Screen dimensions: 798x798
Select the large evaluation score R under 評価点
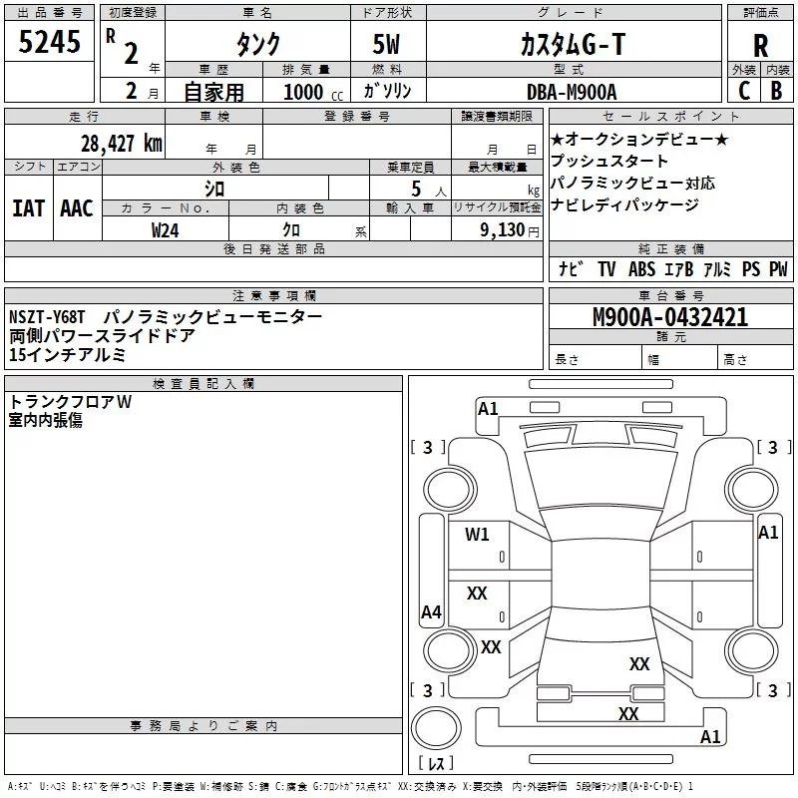pos(760,45)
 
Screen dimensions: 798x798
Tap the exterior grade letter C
pos(742,89)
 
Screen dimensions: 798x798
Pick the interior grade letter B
pos(776,89)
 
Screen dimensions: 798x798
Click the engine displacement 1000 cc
pos(311,92)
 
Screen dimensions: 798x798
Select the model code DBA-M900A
pos(572,91)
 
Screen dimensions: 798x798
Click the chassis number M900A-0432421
pos(670,317)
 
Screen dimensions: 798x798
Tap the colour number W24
pos(166,229)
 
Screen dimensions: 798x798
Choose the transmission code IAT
pos(28,207)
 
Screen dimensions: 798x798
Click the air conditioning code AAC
pos(76,207)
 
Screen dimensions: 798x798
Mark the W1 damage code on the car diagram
pos(477,534)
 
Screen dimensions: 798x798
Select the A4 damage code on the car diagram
pos(431,612)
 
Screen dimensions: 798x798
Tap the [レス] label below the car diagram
pos(436,763)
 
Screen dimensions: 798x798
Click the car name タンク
pos(258,45)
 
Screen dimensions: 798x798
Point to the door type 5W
pos(387,45)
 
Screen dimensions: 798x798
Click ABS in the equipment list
pos(641,268)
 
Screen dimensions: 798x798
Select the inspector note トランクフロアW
pos(70,402)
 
